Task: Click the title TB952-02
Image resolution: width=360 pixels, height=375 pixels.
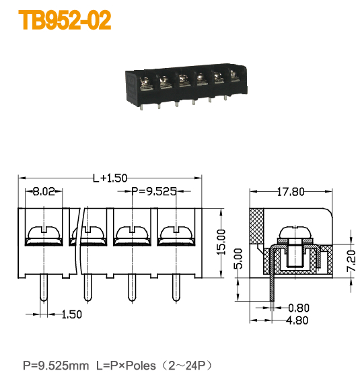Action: pyautogui.click(x=65, y=21)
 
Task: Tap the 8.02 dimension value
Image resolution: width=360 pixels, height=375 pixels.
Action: pyautogui.click(x=44, y=192)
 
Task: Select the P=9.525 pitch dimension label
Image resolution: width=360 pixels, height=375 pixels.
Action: pyautogui.click(x=153, y=192)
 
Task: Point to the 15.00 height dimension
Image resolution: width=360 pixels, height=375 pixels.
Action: pyautogui.click(x=221, y=243)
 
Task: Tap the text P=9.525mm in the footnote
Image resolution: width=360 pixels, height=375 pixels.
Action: pyautogui.click(x=55, y=365)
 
